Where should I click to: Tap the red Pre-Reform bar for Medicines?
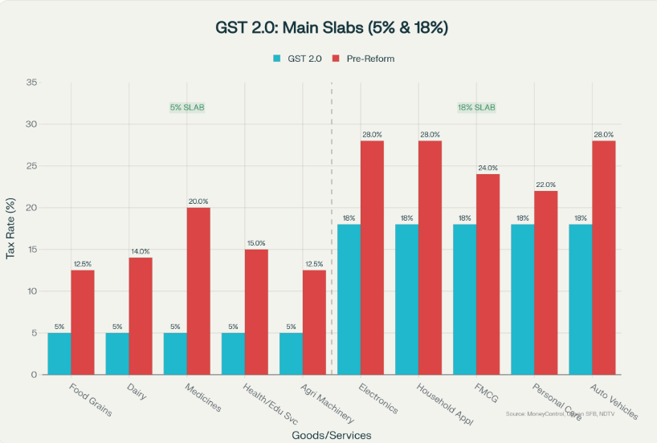click(198, 291)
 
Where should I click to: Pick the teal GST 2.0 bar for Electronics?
click(349, 299)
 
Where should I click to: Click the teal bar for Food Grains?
click(59, 353)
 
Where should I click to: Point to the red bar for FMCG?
click(487, 274)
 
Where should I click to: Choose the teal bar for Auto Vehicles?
click(580, 299)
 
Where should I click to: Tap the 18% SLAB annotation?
click(475, 108)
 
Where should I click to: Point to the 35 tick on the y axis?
click(31, 83)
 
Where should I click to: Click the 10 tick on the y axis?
click(31, 291)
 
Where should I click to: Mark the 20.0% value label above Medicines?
click(198, 201)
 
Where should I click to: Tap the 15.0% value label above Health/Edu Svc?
click(255, 243)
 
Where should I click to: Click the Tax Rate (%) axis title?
click(10, 229)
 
